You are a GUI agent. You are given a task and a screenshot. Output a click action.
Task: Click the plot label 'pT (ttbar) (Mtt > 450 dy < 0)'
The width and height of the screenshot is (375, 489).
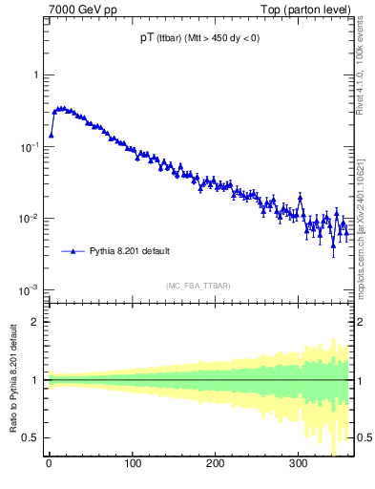(x=199, y=39)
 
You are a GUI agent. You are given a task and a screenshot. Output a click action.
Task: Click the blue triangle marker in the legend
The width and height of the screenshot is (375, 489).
(x=73, y=251)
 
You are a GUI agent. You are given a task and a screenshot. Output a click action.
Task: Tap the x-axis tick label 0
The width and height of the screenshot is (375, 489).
(x=49, y=464)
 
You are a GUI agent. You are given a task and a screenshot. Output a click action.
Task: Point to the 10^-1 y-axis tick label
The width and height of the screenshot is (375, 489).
(x=31, y=147)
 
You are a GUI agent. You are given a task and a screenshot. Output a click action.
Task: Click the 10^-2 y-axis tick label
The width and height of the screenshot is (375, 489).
(x=31, y=219)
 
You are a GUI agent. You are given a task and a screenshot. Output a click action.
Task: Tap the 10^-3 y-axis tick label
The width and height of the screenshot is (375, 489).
(x=31, y=290)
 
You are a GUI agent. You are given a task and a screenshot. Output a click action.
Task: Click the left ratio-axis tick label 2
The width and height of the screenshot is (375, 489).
(x=37, y=322)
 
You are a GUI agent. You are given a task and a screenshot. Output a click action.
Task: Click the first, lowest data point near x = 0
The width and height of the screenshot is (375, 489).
(x=52, y=135)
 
